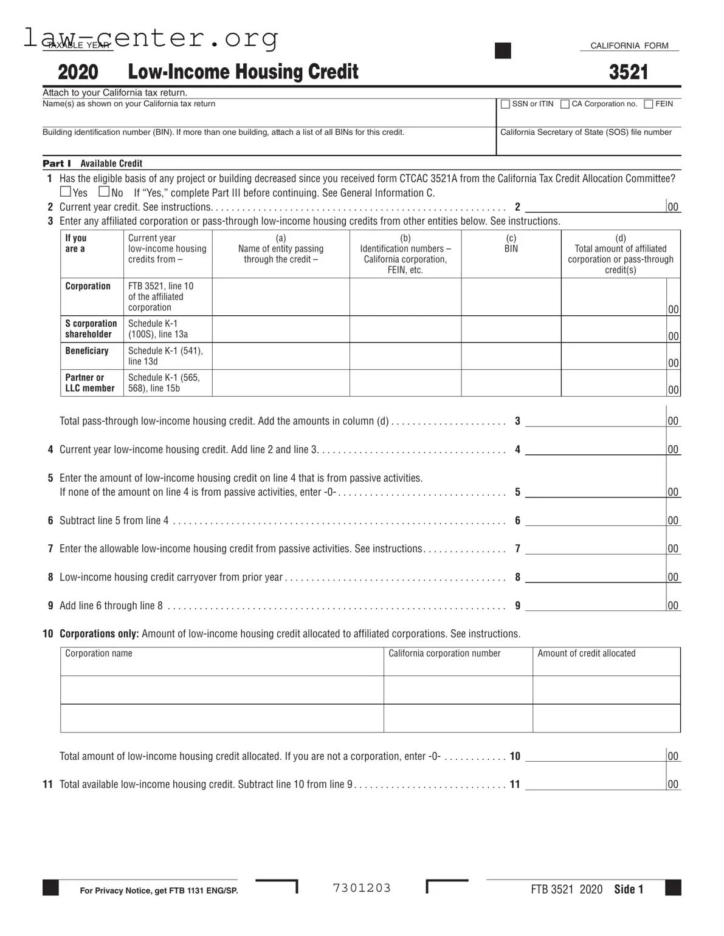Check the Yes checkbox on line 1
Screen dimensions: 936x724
66,192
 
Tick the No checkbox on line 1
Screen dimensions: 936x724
104,192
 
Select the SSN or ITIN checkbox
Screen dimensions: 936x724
505,104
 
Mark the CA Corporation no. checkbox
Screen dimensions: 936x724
565,104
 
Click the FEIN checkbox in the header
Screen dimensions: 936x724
649,104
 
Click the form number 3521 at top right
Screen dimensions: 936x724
629,72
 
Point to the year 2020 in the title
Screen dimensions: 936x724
78,72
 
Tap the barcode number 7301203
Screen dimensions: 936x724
362,888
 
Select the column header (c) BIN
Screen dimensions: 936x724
511,244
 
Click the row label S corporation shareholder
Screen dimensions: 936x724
91,329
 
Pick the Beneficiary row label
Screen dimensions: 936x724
87,350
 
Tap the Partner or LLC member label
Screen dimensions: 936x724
89,383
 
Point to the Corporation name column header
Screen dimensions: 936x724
98,654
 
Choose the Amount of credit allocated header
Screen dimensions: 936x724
586,654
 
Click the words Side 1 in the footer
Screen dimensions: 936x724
628,889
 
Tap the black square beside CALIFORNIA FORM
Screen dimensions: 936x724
503,50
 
